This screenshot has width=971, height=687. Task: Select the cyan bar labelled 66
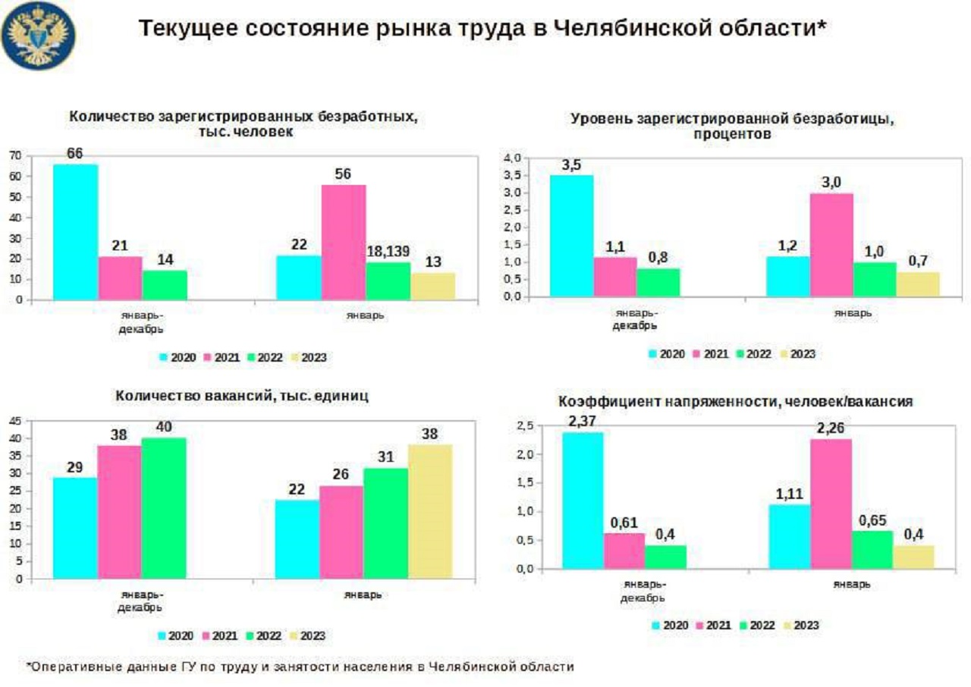tap(75, 231)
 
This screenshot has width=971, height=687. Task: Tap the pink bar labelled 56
tap(344, 242)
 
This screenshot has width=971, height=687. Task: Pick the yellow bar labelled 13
tap(433, 286)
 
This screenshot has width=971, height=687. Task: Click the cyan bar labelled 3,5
tap(571, 235)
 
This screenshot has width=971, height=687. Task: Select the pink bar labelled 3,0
tap(831, 244)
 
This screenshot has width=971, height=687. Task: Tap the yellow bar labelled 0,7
tap(919, 284)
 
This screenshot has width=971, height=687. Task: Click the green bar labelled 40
tap(163, 508)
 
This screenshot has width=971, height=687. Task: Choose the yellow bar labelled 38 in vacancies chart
tap(429, 511)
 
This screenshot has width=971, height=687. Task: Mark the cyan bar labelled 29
tap(74, 528)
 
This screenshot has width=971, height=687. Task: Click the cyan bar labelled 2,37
tap(582, 500)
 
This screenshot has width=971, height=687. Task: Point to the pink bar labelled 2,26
tap(831, 503)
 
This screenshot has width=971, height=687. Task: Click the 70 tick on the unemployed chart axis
tap(15, 155)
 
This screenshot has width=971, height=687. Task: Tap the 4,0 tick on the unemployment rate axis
tap(513, 158)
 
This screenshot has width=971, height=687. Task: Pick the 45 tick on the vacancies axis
tap(15, 421)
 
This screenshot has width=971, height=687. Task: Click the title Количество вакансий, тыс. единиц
tap(242, 396)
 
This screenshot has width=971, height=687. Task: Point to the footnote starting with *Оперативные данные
tap(300, 667)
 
